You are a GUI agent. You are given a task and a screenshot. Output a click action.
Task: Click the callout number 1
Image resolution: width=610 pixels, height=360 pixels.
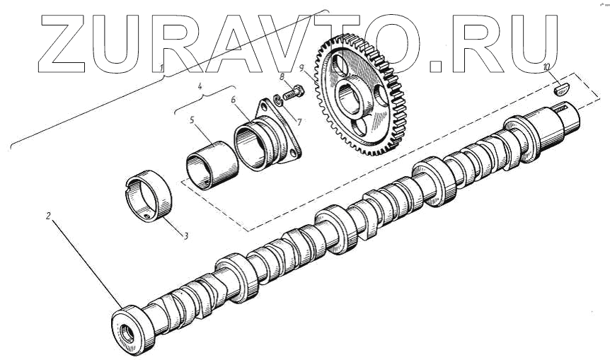coord(162,68)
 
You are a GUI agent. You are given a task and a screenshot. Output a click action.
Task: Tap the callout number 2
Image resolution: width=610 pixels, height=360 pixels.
coord(48,216)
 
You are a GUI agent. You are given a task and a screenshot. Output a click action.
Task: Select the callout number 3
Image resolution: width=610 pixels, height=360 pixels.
coord(186,236)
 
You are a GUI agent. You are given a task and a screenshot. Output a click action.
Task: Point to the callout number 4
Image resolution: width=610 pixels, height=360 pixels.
coord(200,86)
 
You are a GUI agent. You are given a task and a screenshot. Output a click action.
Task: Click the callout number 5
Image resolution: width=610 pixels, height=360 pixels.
coord(192,120)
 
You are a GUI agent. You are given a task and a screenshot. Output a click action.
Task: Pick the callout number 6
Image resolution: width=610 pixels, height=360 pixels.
coord(233,100)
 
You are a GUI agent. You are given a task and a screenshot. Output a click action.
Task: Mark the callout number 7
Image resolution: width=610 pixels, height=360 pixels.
coord(299,122)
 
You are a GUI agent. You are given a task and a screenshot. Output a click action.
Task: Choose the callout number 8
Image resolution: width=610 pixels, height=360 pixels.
coord(282,76)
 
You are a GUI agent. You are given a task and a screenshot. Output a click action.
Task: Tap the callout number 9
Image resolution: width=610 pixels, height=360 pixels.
coord(302,69)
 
